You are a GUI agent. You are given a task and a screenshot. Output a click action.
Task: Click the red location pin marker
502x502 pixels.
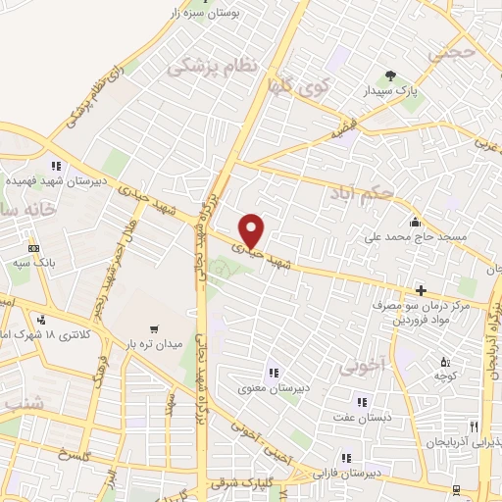point(253,229)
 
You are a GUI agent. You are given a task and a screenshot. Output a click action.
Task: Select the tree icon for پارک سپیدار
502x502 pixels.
point(392,75)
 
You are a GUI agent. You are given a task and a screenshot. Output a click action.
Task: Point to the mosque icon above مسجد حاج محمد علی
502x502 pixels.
point(416,222)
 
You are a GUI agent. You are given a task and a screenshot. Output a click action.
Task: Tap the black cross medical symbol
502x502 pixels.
point(422,290)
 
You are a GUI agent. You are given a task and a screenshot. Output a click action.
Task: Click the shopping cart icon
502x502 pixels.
point(152,328)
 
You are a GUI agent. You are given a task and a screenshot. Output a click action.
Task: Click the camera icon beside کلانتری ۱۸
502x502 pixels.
point(41,320)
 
